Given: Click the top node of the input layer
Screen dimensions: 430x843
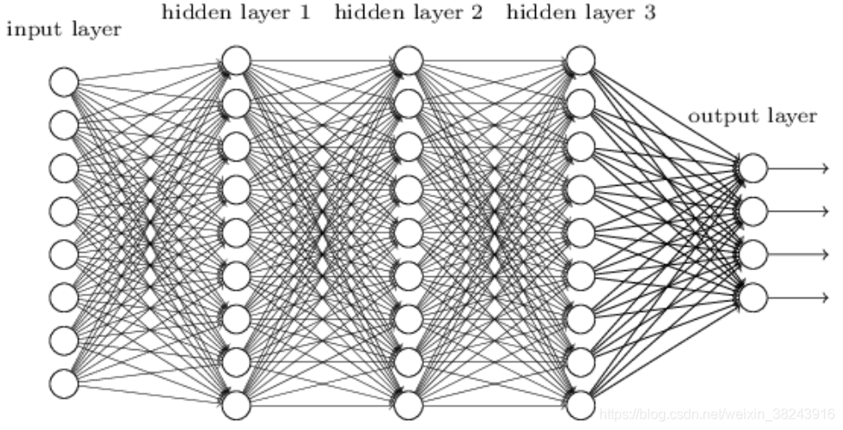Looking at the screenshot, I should click(63, 83).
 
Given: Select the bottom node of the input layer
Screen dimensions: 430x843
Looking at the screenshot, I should click(63, 382).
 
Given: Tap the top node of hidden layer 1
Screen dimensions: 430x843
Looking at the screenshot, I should click(237, 61).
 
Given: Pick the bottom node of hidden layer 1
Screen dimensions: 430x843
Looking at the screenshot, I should click(237, 404).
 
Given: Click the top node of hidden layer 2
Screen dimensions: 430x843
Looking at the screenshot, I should click(408, 61).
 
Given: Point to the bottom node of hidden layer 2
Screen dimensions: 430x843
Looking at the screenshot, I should click(408, 404).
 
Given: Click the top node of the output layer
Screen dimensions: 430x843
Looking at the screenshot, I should click(753, 168).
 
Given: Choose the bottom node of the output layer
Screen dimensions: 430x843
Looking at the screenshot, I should click(753, 297).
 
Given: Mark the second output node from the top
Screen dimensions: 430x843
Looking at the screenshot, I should click(753, 211).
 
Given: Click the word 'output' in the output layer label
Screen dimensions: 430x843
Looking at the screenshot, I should click(719, 116).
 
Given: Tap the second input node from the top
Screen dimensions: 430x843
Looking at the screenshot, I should click(63, 125).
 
